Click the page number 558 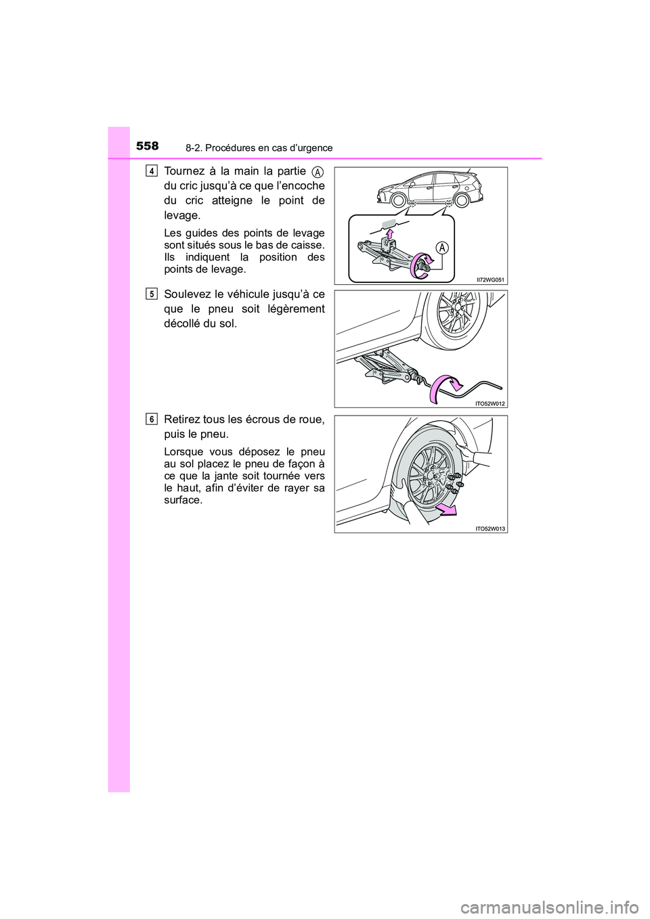click(146, 145)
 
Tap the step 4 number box click(152, 171)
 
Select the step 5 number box click(152, 294)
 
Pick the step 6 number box click(152, 419)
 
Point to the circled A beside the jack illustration click(442, 248)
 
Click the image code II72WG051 click(490, 279)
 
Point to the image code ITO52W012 click(490, 404)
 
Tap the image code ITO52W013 click(490, 529)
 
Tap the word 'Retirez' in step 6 click(181, 420)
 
